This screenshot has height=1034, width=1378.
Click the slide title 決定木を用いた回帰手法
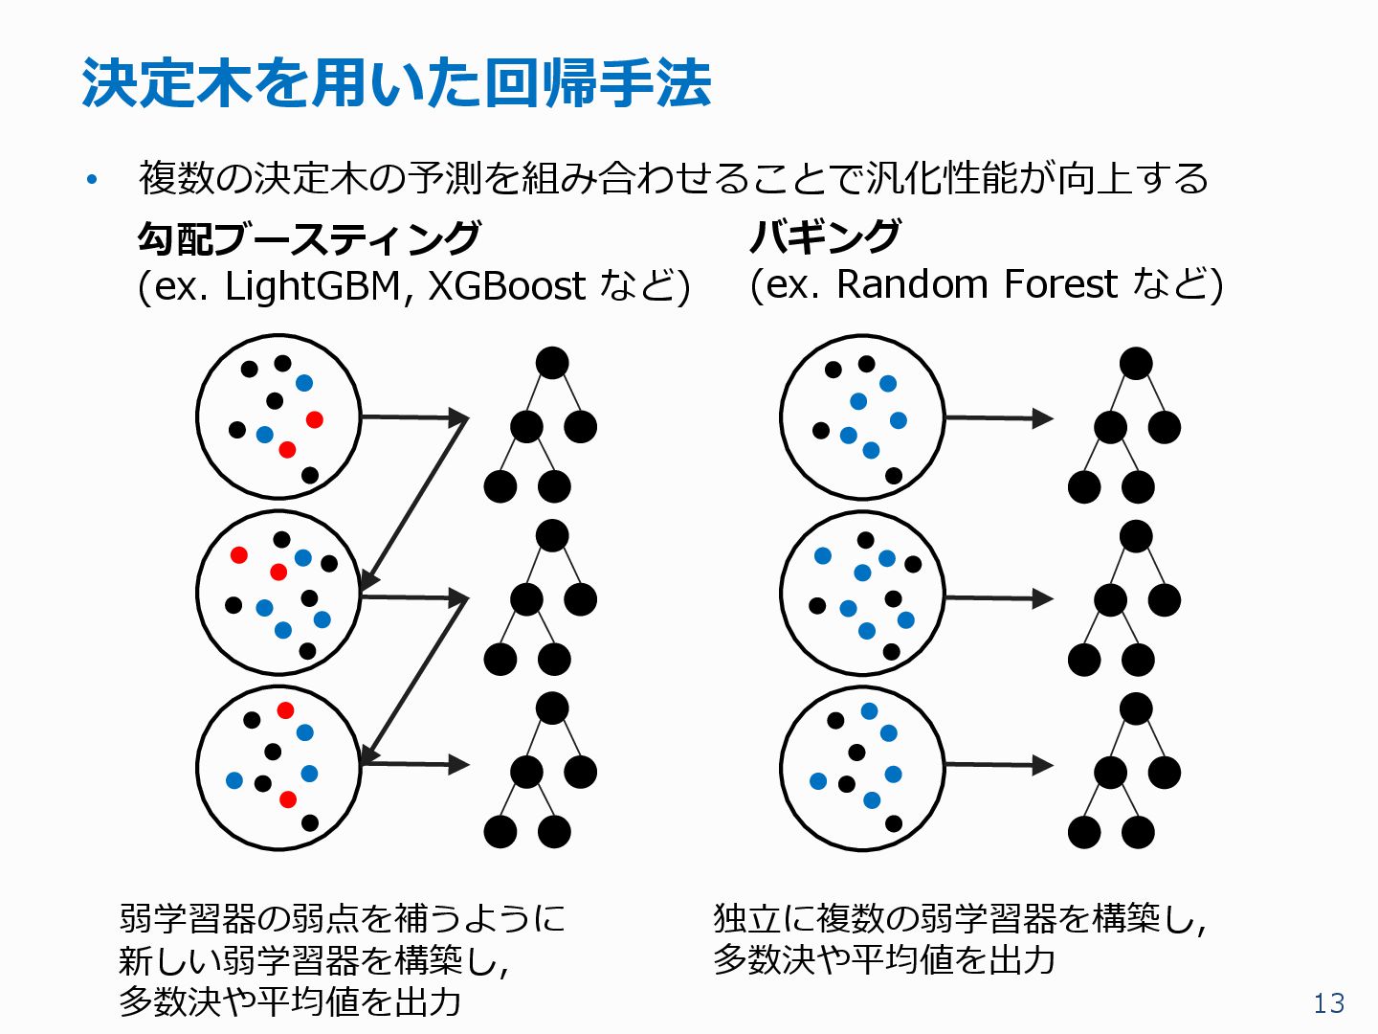pyautogui.click(x=396, y=83)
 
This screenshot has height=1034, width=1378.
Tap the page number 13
pyautogui.click(x=1328, y=1002)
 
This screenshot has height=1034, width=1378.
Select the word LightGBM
pyautogui.click(x=313, y=285)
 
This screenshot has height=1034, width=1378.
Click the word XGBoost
pyautogui.click(x=505, y=285)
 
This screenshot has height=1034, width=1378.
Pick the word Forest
pyautogui.click(x=1060, y=283)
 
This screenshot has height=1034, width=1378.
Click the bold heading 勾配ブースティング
pyautogui.click(x=308, y=237)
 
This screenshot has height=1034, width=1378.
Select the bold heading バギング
pyautogui.click(x=824, y=236)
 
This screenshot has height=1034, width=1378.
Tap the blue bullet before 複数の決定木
pyautogui.click(x=92, y=179)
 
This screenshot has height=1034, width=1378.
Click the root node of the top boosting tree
pyautogui.click(x=552, y=363)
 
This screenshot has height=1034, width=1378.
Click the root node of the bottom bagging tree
pyautogui.click(x=1135, y=708)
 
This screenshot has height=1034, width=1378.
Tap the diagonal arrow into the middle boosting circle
pyautogui.click(x=413, y=502)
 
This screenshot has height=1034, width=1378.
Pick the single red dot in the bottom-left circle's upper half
pyautogui.click(x=285, y=710)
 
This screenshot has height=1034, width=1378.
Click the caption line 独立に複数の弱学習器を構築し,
pyautogui.click(x=959, y=919)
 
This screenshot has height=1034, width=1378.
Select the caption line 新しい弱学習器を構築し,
pyautogui.click(x=313, y=960)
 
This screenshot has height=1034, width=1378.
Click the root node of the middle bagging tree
pyautogui.click(x=1135, y=536)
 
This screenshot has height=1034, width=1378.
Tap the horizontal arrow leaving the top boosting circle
pyautogui.click(x=413, y=416)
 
